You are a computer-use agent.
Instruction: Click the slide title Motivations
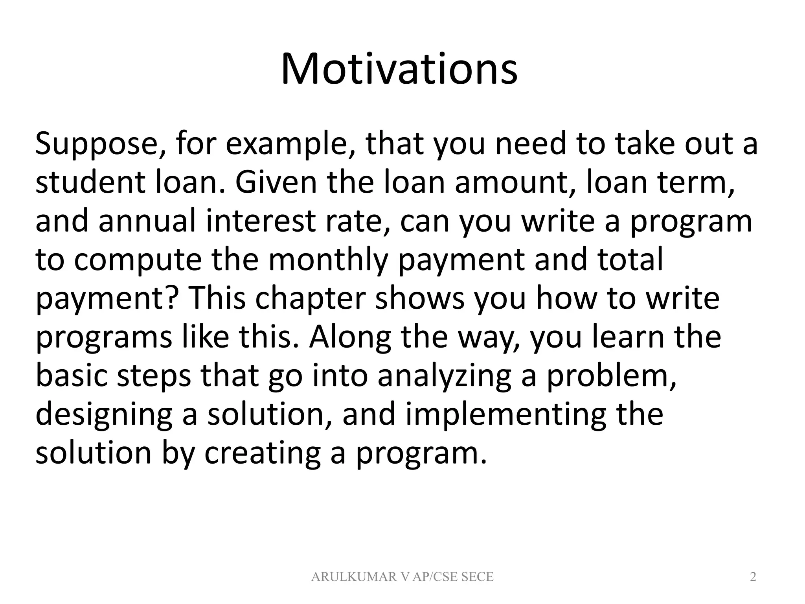tap(399, 70)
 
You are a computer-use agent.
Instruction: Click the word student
tap(92, 183)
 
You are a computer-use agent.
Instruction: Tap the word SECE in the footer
tap(477, 577)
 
